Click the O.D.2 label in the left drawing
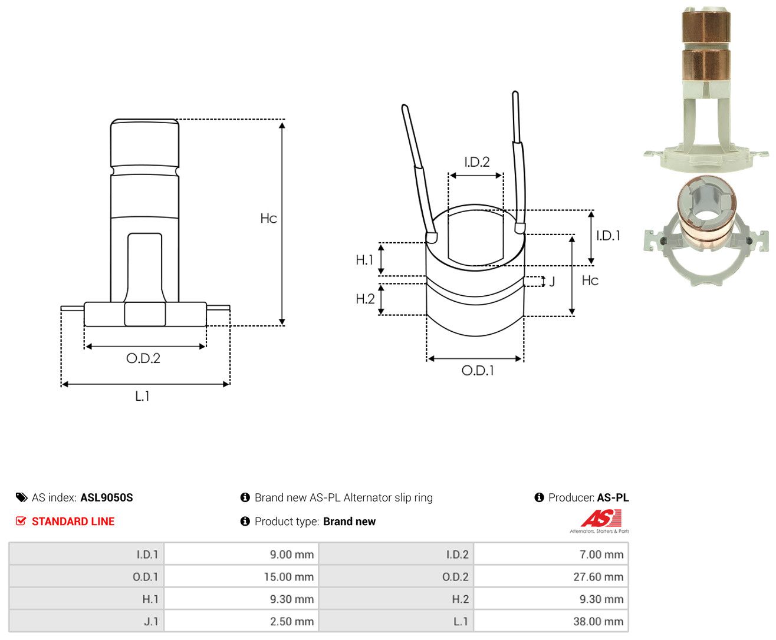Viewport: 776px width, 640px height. [x=143, y=358]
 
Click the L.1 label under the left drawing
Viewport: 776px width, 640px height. [x=142, y=397]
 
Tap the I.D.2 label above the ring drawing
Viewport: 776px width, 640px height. [x=477, y=162]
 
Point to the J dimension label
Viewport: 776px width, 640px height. [x=552, y=282]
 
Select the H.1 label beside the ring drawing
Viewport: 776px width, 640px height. [x=364, y=260]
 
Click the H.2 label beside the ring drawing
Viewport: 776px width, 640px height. [x=365, y=299]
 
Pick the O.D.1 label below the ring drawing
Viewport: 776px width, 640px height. [x=478, y=371]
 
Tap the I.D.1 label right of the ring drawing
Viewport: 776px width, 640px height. [x=608, y=236]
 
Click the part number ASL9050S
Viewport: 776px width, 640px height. [x=107, y=497]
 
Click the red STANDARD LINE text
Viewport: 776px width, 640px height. [x=73, y=522]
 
